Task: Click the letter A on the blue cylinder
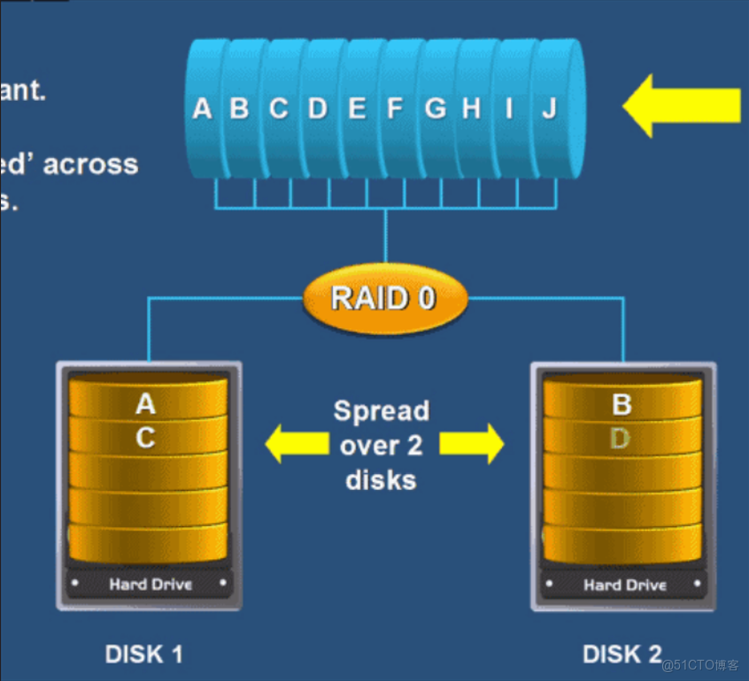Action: click(x=202, y=109)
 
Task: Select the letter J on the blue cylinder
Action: click(x=549, y=109)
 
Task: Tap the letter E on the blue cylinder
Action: click(x=357, y=109)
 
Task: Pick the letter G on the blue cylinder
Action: click(x=435, y=109)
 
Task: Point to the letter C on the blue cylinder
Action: click(x=279, y=109)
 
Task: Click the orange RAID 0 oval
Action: click(x=384, y=298)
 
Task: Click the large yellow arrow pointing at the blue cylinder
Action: click(x=682, y=105)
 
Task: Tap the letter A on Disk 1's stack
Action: click(x=145, y=405)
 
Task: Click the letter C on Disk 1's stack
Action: click(x=145, y=439)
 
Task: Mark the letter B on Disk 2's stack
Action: click(x=622, y=405)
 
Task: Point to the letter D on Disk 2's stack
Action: click(x=620, y=439)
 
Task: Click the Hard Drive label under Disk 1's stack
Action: click(x=151, y=584)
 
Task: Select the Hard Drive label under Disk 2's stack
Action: click(x=625, y=585)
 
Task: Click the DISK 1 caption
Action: click(x=143, y=654)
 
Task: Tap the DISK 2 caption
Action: click(x=622, y=654)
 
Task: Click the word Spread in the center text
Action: click(x=381, y=411)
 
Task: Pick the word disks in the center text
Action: click(x=381, y=480)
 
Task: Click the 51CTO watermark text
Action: click(x=706, y=665)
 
